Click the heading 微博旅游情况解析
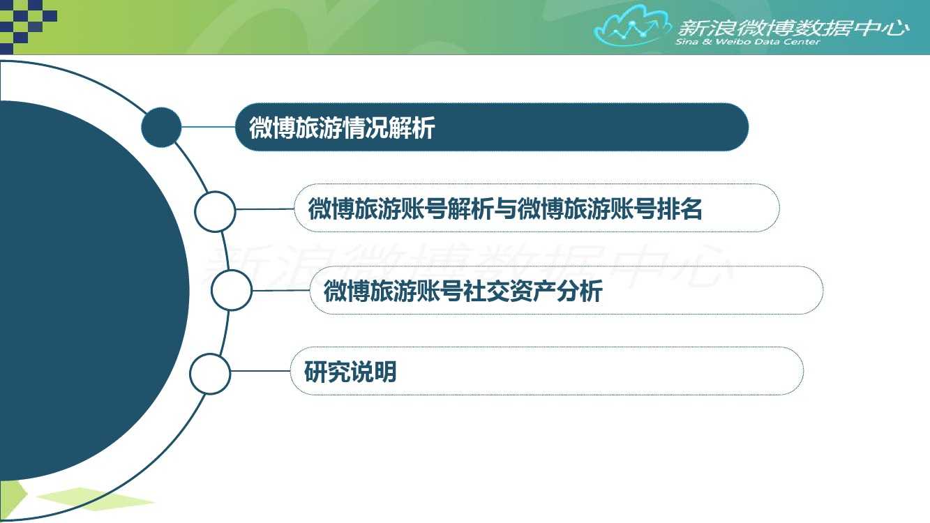(342, 128)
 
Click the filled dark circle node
(161, 127)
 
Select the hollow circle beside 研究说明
(210, 374)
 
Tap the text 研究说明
(350, 372)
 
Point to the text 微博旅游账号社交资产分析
(463, 291)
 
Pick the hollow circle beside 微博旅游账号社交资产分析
(231, 290)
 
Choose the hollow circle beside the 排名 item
(215, 211)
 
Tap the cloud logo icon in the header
(632, 26)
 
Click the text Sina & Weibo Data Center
(748, 42)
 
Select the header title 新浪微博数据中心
(793, 28)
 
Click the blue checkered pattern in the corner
(28, 25)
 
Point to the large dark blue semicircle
(91, 291)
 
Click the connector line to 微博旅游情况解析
(209, 127)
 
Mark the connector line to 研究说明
(260, 371)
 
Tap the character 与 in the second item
(505, 209)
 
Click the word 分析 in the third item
(580, 291)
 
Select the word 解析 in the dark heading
(412, 128)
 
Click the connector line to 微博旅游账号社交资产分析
(281, 290)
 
